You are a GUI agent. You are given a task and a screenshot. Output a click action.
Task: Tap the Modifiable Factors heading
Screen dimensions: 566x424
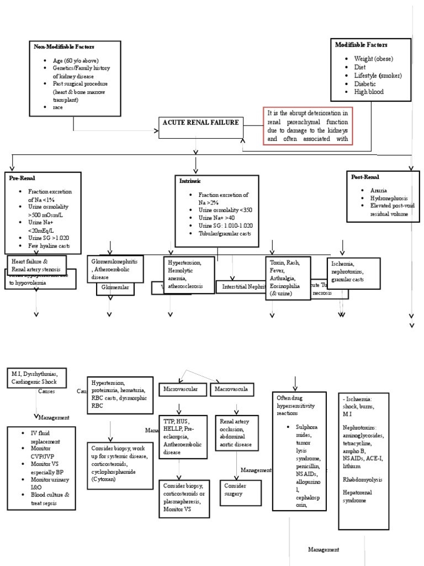click(x=361, y=45)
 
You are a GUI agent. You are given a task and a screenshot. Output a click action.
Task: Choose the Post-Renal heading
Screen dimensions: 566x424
click(x=365, y=177)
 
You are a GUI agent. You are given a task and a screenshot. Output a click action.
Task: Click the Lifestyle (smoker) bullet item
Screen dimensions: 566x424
click(x=378, y=75)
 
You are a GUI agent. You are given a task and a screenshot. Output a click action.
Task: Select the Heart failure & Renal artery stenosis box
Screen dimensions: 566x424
click(x=36, y=264)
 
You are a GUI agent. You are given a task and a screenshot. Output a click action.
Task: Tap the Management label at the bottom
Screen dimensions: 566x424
click(x=324, y=549)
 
